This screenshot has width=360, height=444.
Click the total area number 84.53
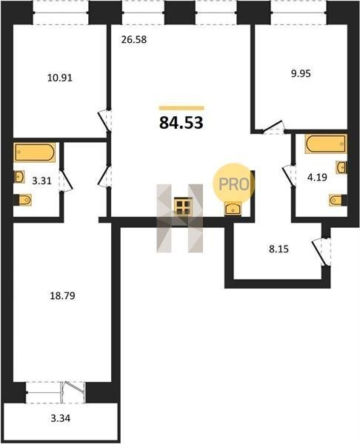181,123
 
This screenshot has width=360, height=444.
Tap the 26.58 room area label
134,40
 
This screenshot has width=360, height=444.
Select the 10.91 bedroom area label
60,78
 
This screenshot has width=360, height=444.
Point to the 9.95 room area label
301,73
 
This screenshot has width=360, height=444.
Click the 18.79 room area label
62,296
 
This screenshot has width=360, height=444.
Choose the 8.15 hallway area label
279,249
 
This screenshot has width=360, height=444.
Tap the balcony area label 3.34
61,418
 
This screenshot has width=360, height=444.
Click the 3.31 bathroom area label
41,181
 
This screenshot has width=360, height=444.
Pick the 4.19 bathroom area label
317,178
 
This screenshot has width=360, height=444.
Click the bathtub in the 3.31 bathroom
34,152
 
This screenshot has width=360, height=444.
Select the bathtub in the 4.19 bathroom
326,144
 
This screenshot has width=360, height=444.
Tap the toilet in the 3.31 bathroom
23,200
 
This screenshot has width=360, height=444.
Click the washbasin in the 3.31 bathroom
19,177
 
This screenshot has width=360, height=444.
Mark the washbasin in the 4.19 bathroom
341,167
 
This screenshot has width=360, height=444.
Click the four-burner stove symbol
183,206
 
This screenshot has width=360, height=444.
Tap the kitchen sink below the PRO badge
233,209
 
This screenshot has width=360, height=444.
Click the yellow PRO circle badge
234,184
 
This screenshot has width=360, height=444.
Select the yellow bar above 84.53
181,108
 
